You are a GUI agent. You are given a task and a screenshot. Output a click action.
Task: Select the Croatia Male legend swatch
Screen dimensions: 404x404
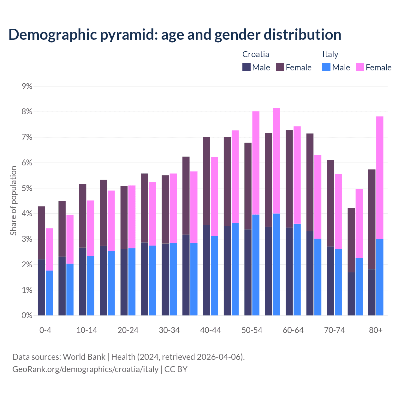(247, 67)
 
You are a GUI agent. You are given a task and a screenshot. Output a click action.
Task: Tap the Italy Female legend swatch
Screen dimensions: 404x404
(360, 67)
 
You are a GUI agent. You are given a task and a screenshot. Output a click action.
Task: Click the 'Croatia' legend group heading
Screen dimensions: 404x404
(256, 54)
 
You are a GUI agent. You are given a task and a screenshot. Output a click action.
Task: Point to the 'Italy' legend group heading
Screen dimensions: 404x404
(330, 54)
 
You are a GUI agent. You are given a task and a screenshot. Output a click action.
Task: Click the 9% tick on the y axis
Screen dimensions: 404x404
(27, 86)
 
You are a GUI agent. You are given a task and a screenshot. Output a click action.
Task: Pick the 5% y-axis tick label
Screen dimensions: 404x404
(27, 188)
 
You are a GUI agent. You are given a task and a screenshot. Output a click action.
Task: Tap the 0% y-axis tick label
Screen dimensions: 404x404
(27, 315)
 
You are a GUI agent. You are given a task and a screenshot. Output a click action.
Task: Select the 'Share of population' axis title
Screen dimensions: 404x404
(13, 201)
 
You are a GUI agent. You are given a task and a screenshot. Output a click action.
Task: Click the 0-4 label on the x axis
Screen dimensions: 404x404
(45, 330)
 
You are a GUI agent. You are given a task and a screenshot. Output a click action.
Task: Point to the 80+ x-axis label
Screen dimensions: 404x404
(376, 330)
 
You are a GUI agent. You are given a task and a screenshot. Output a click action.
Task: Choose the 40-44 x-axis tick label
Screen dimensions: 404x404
(211, 330)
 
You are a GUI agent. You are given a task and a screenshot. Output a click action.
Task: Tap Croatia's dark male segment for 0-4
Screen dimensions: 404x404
(41, 287)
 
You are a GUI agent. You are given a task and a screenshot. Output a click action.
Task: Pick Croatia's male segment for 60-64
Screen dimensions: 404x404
(289, 271)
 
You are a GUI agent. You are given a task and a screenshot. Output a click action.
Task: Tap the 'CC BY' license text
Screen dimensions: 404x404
(176, 369)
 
